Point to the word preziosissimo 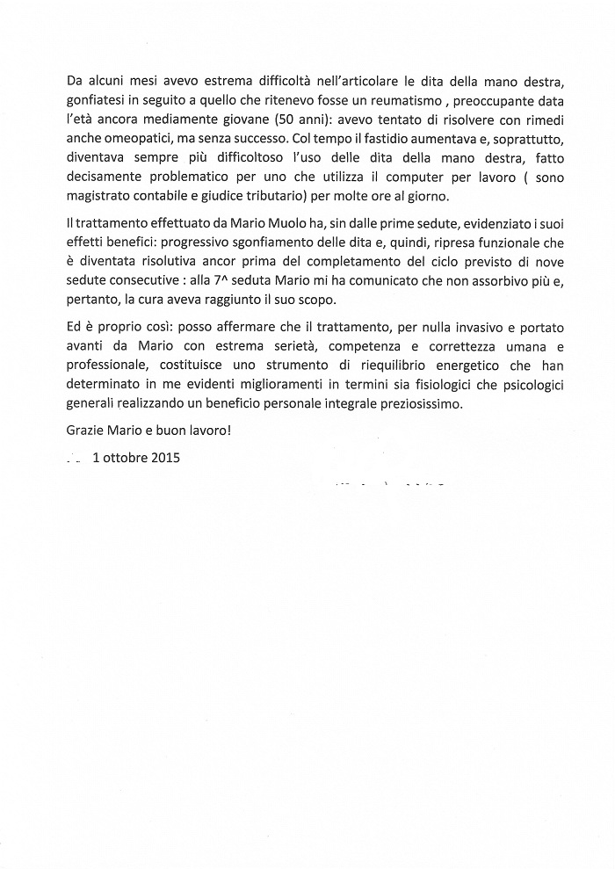click(x=415, y=405)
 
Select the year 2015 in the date click(x=163, y=459)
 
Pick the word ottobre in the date click(x=123, y=459)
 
